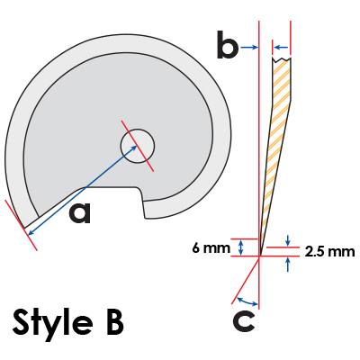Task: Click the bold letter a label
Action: (x=80, y=212)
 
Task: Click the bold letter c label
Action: (x=244, y=321)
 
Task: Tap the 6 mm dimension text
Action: (x=211, y=247)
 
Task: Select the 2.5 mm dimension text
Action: (x=330, y=252)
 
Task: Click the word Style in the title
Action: (x=53, y=323)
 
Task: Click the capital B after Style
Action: (x=115, y=322)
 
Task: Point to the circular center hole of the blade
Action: (x=138, y=146)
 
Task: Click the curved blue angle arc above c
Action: (x=247, y=301)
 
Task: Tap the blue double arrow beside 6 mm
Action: (x=240, y=247)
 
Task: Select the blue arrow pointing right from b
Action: (x=249, y=47)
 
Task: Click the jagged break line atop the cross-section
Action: (x=282, y=58)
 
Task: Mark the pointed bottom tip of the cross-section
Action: (x=260, y=256)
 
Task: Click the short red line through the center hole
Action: (x=138, y=146)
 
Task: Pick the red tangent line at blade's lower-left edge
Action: (x=22, y=225)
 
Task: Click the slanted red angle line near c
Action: (x=246, y=281)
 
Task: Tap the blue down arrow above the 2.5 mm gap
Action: (x=288, y=240)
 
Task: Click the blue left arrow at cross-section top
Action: (x=282, y=47)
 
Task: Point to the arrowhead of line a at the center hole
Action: (x=134, y=148)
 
